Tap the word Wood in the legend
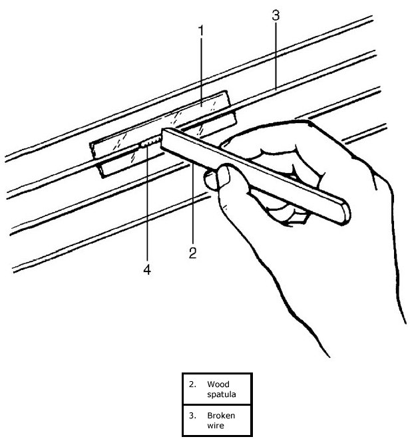pyautogui.click(x=216, y=384)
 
